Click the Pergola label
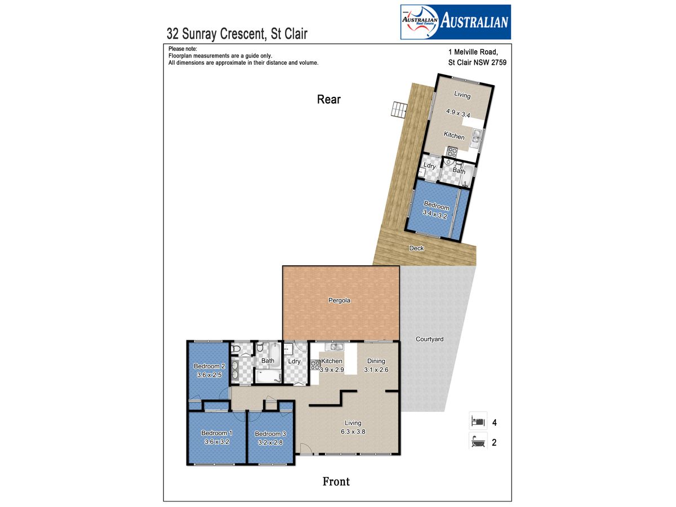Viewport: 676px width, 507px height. (x=339, y=300)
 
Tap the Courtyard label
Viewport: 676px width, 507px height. (x=429, y=339)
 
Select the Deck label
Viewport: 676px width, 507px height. (x=416, y=248)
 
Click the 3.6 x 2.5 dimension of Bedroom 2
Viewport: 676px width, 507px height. (x=209, y=375)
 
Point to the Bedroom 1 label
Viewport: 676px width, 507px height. (x=216, y=433)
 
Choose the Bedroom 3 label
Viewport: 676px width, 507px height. (x=270, y=434)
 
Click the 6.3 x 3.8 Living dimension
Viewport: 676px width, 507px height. (x=353, y=432)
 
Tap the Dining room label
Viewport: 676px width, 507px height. (x=376, y=361)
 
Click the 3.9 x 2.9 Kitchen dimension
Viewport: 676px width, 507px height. (x=332, y=370)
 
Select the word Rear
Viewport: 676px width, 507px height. (x=328, y=100)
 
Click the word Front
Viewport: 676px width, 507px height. (x=336, y=482)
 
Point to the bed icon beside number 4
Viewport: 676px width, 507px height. (x=478, y=420)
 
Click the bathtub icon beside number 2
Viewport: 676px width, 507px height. (x=478, y=441)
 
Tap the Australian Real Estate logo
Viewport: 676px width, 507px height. (x=456, y=22)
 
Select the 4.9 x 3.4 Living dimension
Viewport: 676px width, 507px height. (x=458, y=113)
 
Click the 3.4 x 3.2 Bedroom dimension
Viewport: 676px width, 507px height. (x=434, y=214)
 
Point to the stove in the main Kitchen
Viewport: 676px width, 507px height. (x=315, y=366)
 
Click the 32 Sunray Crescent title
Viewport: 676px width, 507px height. (x=237, y=34)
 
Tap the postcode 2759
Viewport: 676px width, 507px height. (x=499, y=63)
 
